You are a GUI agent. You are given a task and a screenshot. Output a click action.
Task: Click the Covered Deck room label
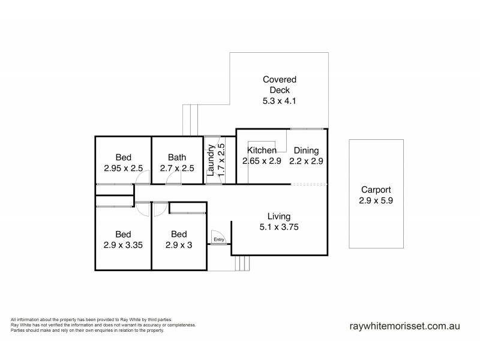coord(280,85)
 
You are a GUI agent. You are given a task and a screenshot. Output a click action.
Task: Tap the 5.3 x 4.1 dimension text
coord(280,101)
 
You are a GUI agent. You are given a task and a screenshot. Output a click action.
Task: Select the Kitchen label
coord(262,151)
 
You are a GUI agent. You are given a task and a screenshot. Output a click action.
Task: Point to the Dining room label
coord(306,151)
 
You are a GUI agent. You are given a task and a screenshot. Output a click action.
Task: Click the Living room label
coord(279,216)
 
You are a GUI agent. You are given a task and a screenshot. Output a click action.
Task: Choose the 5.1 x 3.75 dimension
coord(279,227)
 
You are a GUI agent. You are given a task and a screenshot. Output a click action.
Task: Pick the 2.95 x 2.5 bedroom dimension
coord(122,169)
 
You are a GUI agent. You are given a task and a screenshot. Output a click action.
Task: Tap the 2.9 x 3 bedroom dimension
coord(179,245)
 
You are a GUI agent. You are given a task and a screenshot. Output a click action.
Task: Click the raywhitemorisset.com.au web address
coord(404,326)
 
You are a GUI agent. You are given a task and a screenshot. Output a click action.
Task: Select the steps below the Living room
coord(242,263)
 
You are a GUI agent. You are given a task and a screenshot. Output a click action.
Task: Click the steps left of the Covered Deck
coord(190,119)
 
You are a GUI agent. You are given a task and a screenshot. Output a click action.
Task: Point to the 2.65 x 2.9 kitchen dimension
coord(262,161)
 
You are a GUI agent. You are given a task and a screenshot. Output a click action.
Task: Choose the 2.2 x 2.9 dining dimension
coord(307,161)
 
